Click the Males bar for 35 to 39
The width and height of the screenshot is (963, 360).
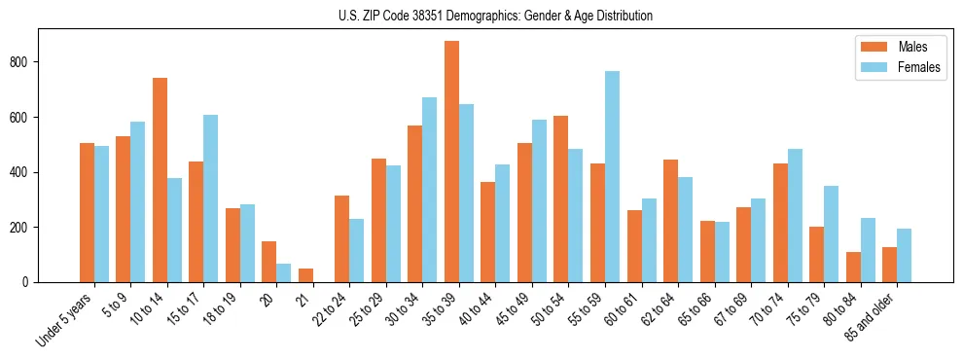[x=451, y=162]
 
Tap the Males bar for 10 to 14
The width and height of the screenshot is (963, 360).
[x=160, y=180]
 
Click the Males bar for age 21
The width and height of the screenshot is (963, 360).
[x=305, y=275]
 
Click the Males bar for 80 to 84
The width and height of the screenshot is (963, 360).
[x=853, y=268]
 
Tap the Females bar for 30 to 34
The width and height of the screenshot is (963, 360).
[x=430, y=190]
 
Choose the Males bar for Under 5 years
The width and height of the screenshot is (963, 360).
[x=87, y=213]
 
